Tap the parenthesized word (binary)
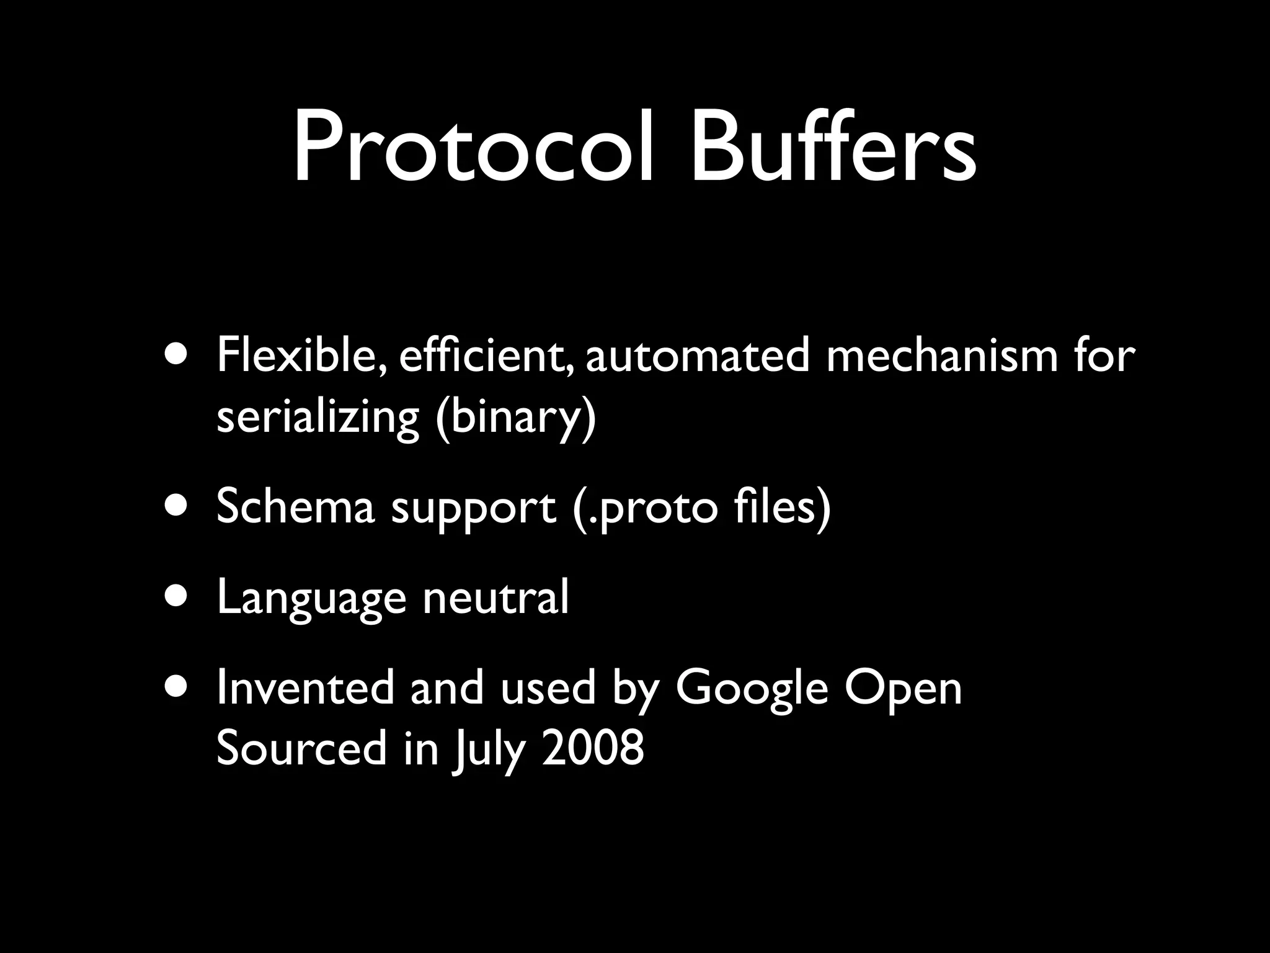[x=515, y=416]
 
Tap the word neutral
[x=495, y=597]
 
